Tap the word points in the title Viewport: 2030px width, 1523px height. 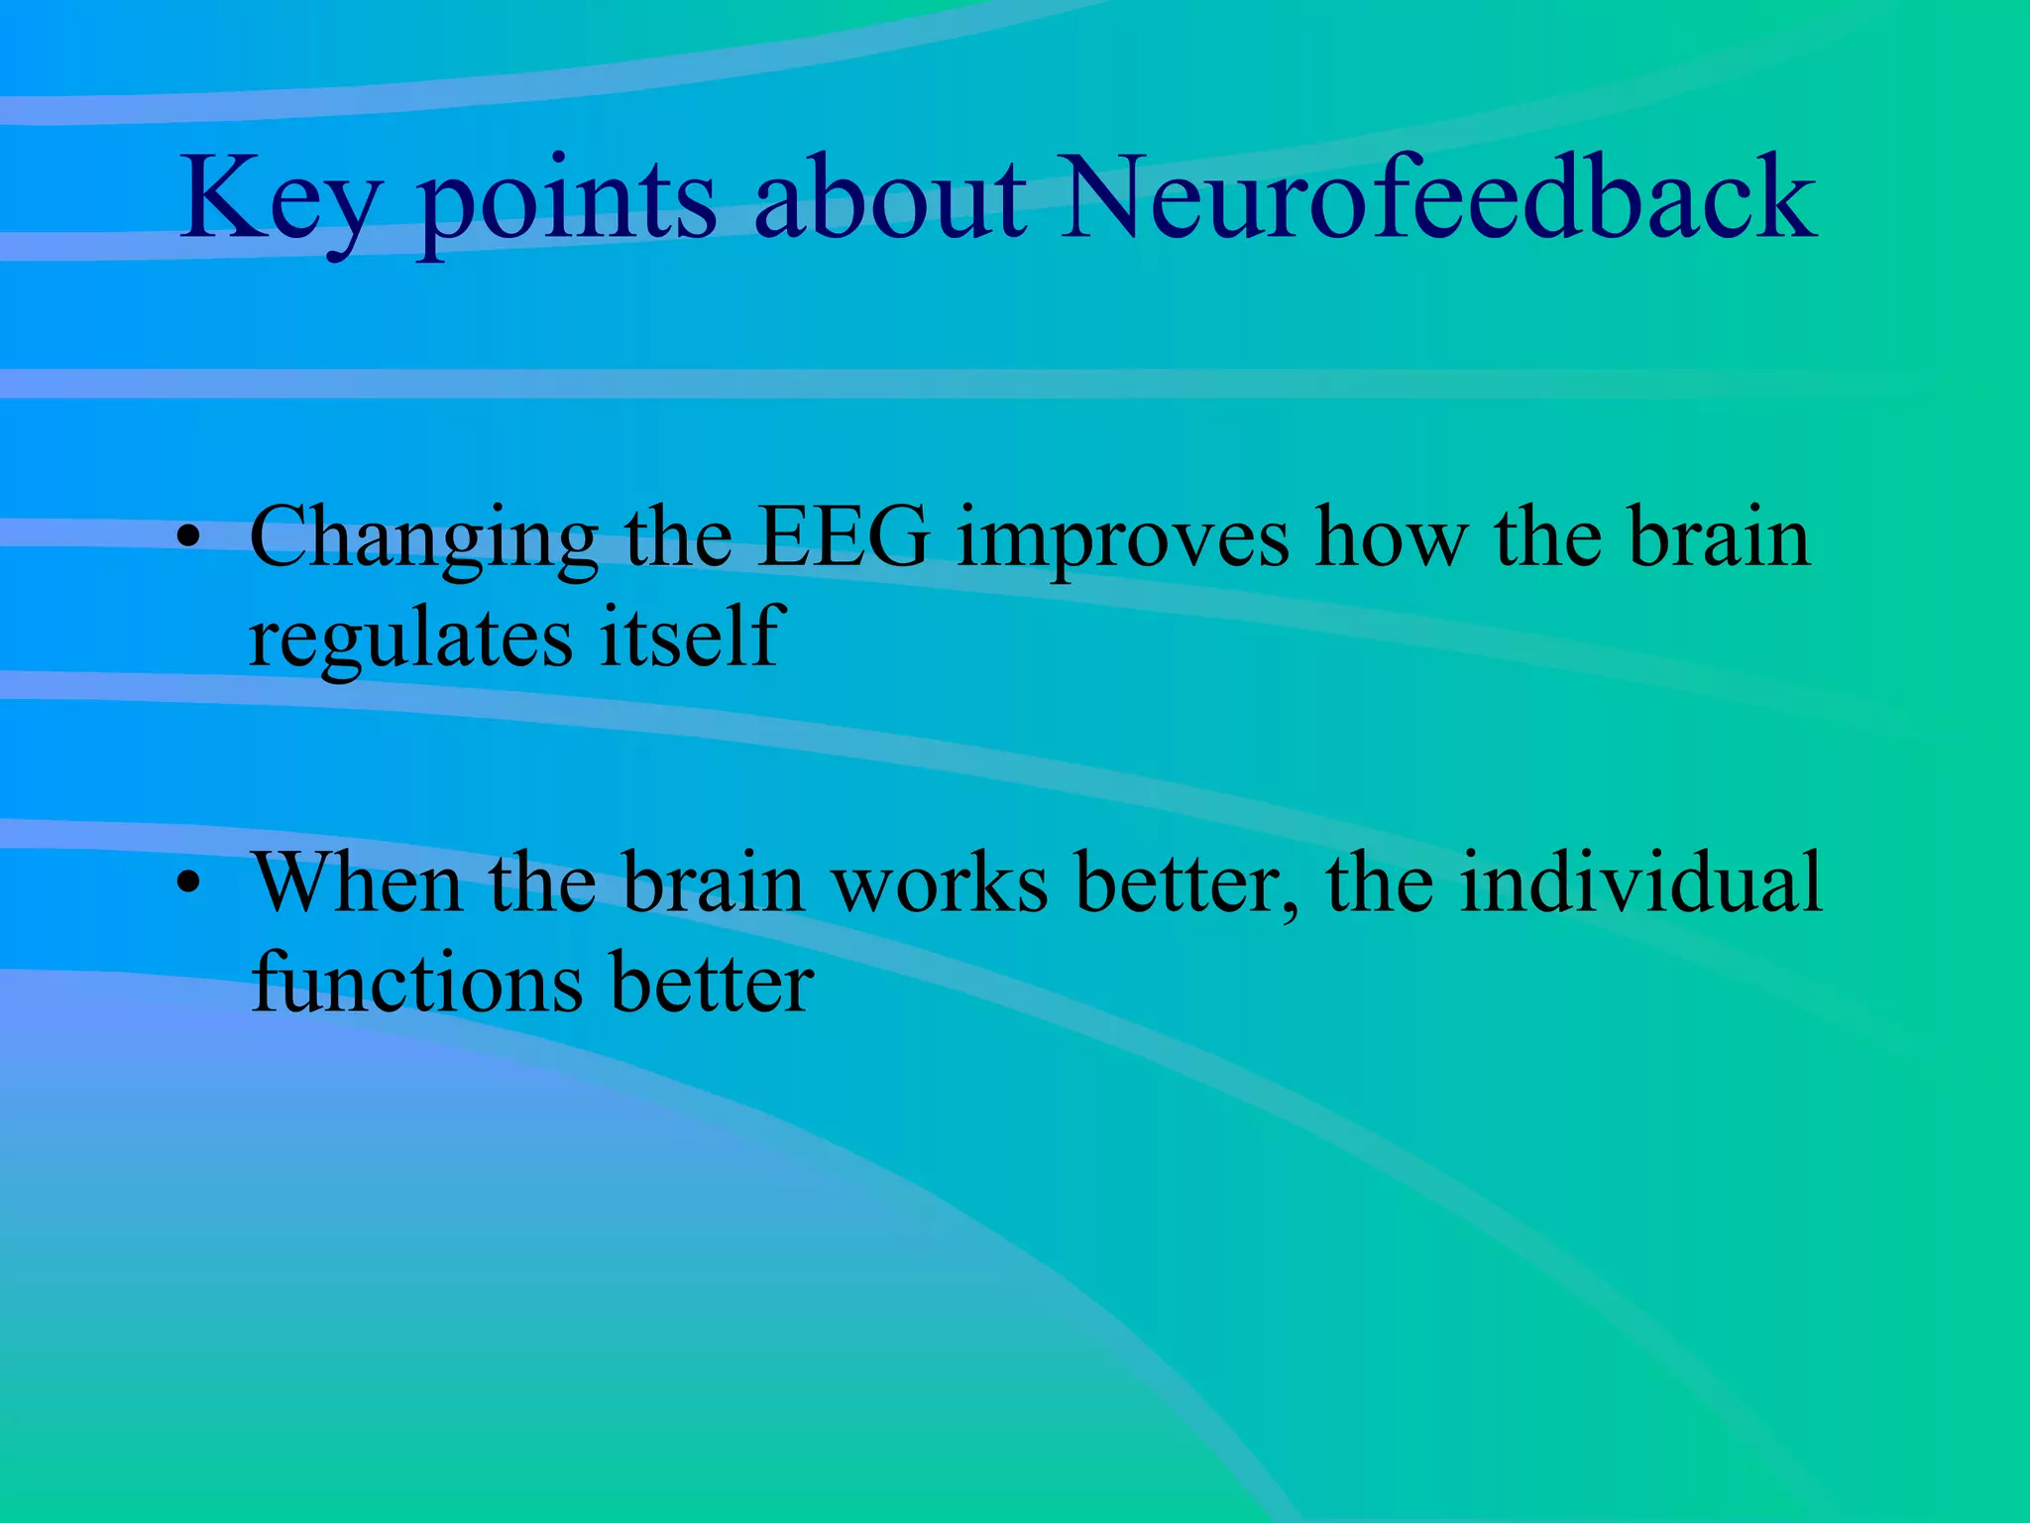pyautogui.click(x=566, y=203)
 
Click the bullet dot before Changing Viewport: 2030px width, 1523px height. pyautogui.click(x=188, y=540)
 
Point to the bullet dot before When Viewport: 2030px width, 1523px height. pyautogui.click(x=188, y=884)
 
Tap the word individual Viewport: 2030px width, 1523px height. pyautogui.click(x=1640, y=882)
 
